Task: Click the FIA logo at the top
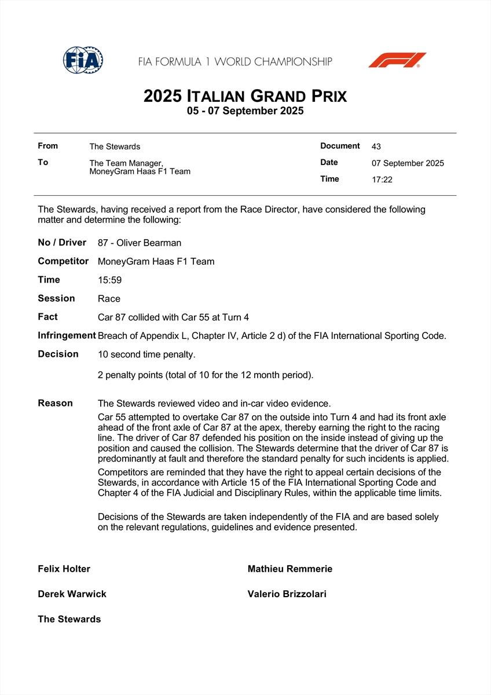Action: click(83, 60)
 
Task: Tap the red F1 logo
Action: click(397, 60)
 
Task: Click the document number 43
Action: click(376, 147)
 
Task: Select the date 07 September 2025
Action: click(408, 163)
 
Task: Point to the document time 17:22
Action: click(382, 180)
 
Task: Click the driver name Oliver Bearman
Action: click(149, 243)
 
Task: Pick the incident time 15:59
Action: click(109, 280)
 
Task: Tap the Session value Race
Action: click(109, 299)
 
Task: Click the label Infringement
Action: click(67, 335)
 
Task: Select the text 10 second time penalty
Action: click(146, 354)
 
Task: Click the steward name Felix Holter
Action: click(64, 569)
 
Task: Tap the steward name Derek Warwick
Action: click(72, 594)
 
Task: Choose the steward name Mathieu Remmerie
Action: click(290, 569)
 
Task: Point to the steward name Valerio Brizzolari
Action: click(287, 594)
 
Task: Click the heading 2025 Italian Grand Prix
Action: click(245, 96)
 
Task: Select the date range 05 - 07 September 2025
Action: click(245, 111)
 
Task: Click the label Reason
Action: click(56, 403)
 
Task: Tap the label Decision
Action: click(58, 354)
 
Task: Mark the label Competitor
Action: click(63, 261)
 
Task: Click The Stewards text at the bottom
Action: click(69, 619)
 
